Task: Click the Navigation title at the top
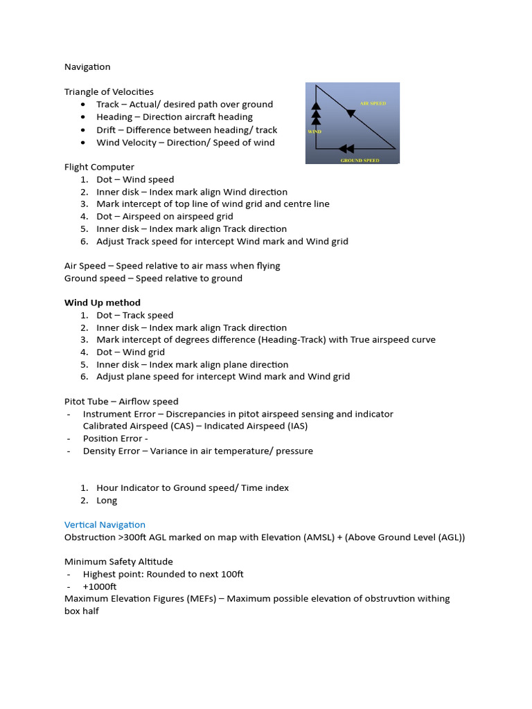[87, 67]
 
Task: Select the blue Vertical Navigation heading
[105, 525]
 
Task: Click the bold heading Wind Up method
[103, 303]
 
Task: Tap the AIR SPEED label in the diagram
[373, 103]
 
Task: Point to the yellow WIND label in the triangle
[314, 131]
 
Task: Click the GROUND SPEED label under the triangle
[360, 160]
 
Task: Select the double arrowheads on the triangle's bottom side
[346, 148]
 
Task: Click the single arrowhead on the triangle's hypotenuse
[351, 114]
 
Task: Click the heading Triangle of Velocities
[109, 92]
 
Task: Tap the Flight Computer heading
[99, 167]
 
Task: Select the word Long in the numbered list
[107, 501]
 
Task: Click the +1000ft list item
[100, 586]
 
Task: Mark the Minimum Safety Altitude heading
[118, 562]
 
